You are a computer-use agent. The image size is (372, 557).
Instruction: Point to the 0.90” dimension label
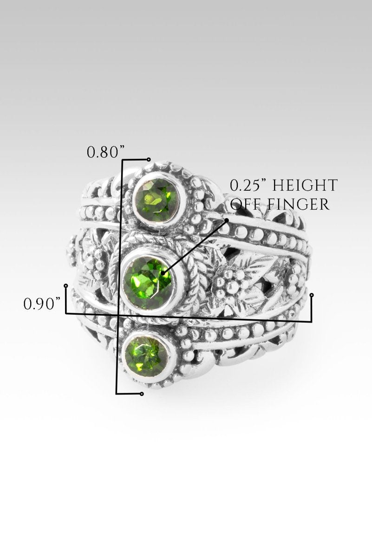coord(42,304)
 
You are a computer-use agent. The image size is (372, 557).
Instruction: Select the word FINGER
coord(298,204)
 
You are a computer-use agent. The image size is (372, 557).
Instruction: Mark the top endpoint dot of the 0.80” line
coord(149,159)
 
